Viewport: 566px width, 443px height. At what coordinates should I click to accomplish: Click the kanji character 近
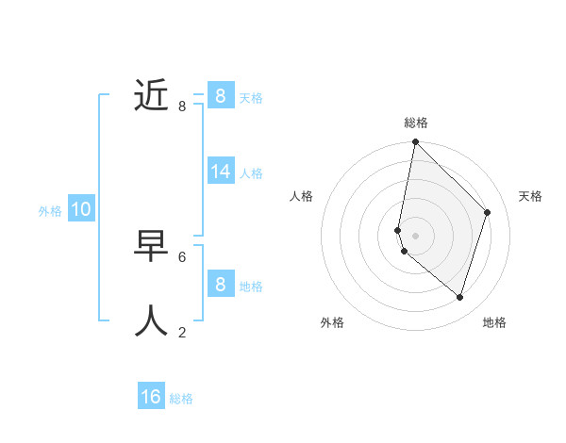click(x=151, y=95)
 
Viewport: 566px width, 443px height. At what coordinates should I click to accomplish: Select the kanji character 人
click(x=151, y=320)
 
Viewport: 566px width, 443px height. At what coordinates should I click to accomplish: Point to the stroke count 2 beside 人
click(x=182, y=332)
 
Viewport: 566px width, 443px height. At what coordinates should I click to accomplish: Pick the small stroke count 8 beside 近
click(x=182, y=107)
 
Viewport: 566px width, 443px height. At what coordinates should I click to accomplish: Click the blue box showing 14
click(x=221, y=172)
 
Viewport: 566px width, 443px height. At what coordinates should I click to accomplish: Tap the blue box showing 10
click(x=80, y=209)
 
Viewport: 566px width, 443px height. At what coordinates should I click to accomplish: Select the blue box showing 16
click(x=151, y=397)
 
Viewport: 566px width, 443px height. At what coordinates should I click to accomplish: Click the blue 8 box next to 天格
click(x=221, y=95)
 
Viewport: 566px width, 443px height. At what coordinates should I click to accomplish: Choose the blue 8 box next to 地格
click(x=221, y=284)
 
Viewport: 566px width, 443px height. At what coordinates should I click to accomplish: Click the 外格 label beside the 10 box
click(x=50, y=211)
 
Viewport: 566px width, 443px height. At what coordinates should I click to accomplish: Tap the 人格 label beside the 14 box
click(x=251, y=173)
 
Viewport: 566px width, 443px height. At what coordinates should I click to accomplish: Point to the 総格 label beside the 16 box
click(x=181, y=399)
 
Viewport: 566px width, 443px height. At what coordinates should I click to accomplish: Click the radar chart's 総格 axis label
click(x=416, y=123)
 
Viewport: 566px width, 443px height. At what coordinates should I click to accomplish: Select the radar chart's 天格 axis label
click(x=530, y=196)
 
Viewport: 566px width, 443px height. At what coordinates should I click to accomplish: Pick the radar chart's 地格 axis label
click(x=494, y=322)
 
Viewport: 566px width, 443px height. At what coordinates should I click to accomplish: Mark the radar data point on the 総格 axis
click(x=415, y=142)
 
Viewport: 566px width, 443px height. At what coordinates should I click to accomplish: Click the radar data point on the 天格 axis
click(x=488, y=212)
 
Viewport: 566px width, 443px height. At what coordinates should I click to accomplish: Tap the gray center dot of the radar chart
click(x=415, y=235)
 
